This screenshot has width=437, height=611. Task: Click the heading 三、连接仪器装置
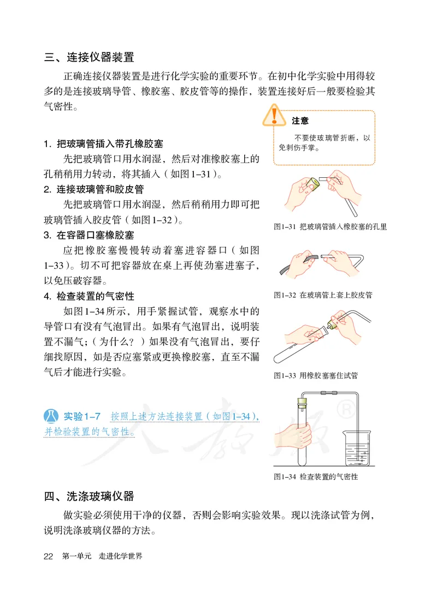click(x=89, y=57)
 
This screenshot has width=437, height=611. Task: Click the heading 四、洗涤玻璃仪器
click(x=89, y=496)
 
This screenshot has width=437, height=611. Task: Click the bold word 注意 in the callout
click(x=300, y=121)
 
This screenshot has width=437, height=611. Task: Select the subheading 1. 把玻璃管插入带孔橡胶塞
click(x=103, y=145)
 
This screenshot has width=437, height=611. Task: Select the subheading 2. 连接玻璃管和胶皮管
click(x=94, y=189)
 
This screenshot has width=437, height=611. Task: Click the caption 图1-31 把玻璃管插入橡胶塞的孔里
click(x=330, y=226)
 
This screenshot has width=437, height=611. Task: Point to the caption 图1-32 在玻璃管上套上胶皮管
click(x=323, y=295)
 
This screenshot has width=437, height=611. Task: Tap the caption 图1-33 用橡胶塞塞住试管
click(x=316, y=375)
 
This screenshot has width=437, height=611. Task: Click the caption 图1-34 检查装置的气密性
click(x=316, y=476)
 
